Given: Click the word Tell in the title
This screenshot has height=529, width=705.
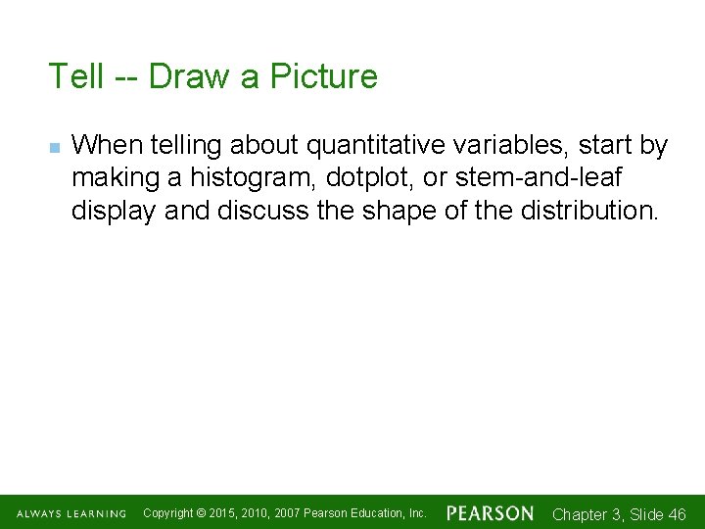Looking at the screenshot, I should (74, 76).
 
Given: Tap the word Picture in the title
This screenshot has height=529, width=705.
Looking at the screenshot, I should (324, 76).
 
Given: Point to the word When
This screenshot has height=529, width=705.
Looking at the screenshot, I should (105, 146).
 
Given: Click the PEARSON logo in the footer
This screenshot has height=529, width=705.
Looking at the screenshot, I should (491, 513).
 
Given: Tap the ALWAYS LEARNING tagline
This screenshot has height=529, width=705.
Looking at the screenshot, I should (71, 514).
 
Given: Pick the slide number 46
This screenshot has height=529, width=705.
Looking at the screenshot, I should (676, 514).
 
